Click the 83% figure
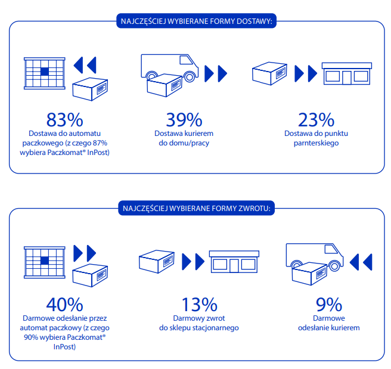(x=64, y=120)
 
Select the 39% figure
(x=184, y=120)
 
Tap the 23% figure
(x=316, y=120)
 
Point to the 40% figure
(x=64, y=305)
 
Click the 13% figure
(x=200, y=305)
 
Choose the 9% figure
(x=329, y=305)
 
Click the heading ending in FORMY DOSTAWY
(x=197, y=21)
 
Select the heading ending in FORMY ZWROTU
(x=197, y=208)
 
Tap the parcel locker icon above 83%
(x=45, y=73)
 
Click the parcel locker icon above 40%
(x=45, y=262)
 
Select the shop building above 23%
(x=347, y=73)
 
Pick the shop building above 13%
(x=234, y=262)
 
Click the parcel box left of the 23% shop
(x=269, y=73)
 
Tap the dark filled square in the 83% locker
(x=45, y=72)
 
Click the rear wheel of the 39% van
(x=152, y=76)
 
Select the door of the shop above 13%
(x=234, y=266)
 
